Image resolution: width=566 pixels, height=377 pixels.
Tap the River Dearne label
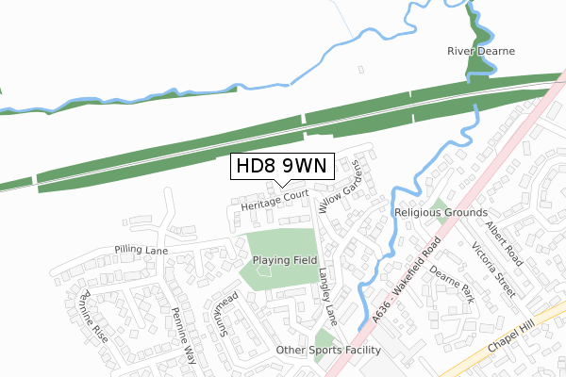[x=480, y=51]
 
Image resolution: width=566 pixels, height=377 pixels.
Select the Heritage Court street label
[x=275, y=200]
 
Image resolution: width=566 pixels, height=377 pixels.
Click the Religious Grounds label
[x=441, y=214]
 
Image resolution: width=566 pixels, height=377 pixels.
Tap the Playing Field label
[x=282, y=259]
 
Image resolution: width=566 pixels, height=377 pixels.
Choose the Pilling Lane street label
[x=141, y=250]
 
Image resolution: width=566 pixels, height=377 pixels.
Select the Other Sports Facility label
[x=327, y=351]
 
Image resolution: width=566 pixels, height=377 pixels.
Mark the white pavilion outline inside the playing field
[x=263, y=272]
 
